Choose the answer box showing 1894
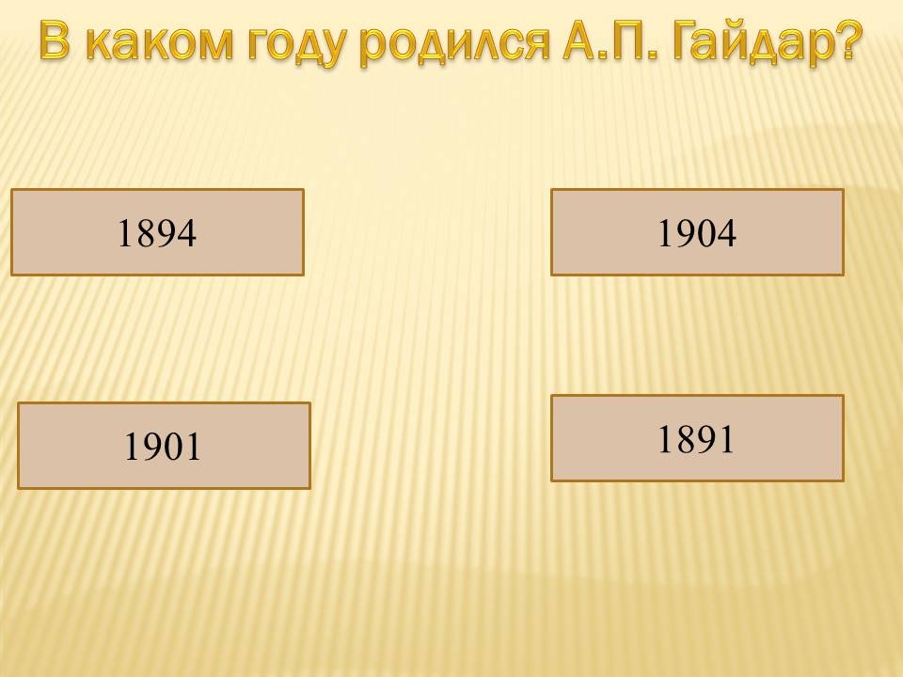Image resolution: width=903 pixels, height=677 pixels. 157,232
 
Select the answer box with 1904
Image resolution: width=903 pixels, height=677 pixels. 697,232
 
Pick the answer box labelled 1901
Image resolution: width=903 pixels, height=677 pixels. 164,446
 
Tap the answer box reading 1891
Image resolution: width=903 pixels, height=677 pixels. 697,438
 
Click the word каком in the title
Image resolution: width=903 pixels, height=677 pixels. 162,41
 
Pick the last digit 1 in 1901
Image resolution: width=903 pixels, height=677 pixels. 193,447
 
